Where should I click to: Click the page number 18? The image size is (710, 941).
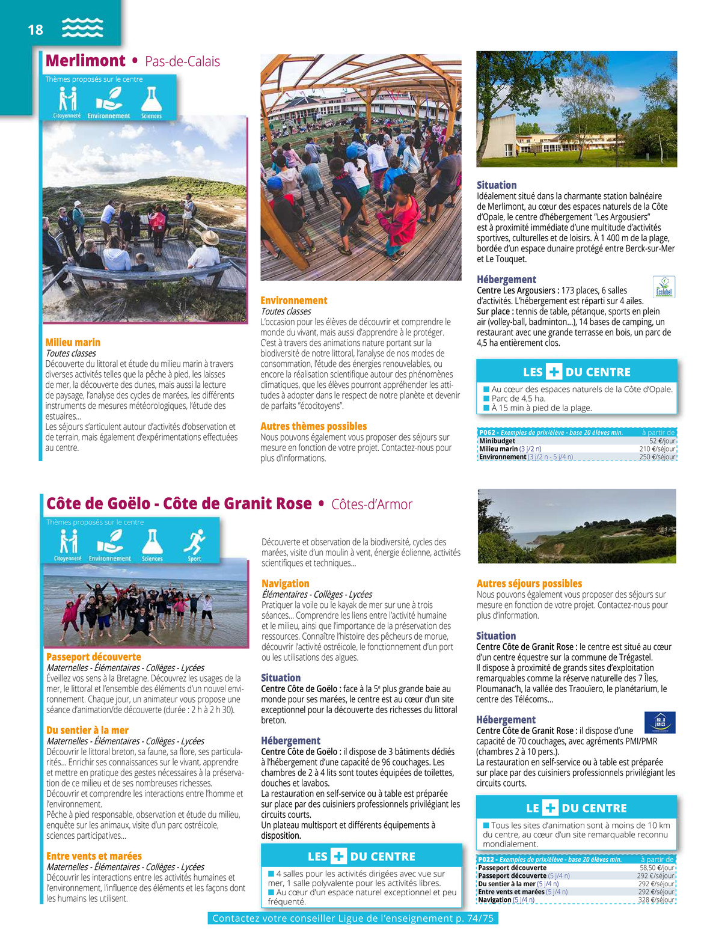(35, 29)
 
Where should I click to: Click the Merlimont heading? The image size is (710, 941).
(85, 61)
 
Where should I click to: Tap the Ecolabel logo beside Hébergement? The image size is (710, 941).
(664, 287)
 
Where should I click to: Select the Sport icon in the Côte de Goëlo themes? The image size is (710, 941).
(194, 545)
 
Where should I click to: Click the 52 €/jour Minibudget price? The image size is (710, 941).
(662, 441)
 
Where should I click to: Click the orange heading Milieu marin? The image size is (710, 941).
(73, 342)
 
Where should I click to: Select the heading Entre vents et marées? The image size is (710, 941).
(94, 856)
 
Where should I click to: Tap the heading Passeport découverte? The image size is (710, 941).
(93, 657)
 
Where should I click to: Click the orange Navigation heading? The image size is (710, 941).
(285, 583)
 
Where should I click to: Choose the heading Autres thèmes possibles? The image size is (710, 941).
(313, 426)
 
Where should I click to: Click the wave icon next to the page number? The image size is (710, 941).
(82, 28)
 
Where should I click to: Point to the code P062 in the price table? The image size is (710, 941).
(487, 432)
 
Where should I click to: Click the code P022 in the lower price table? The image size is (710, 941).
(486, 860)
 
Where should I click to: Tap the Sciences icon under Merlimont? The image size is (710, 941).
(151, 102)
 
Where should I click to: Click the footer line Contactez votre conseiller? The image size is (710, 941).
(353, 918)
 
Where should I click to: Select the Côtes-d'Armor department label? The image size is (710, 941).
(372, 504)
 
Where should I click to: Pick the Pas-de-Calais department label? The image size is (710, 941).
(182, 61)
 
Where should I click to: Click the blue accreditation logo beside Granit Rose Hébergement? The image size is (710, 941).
(660, 722)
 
